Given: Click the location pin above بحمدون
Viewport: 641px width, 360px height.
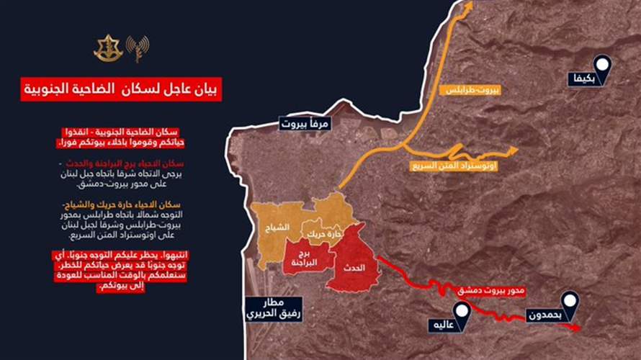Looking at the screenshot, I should click(x=570, y=301).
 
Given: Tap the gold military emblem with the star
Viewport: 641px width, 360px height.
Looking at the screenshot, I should click(x=108, y=48).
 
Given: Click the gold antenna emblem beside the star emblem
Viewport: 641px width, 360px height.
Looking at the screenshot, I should click(x=136, y=48).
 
